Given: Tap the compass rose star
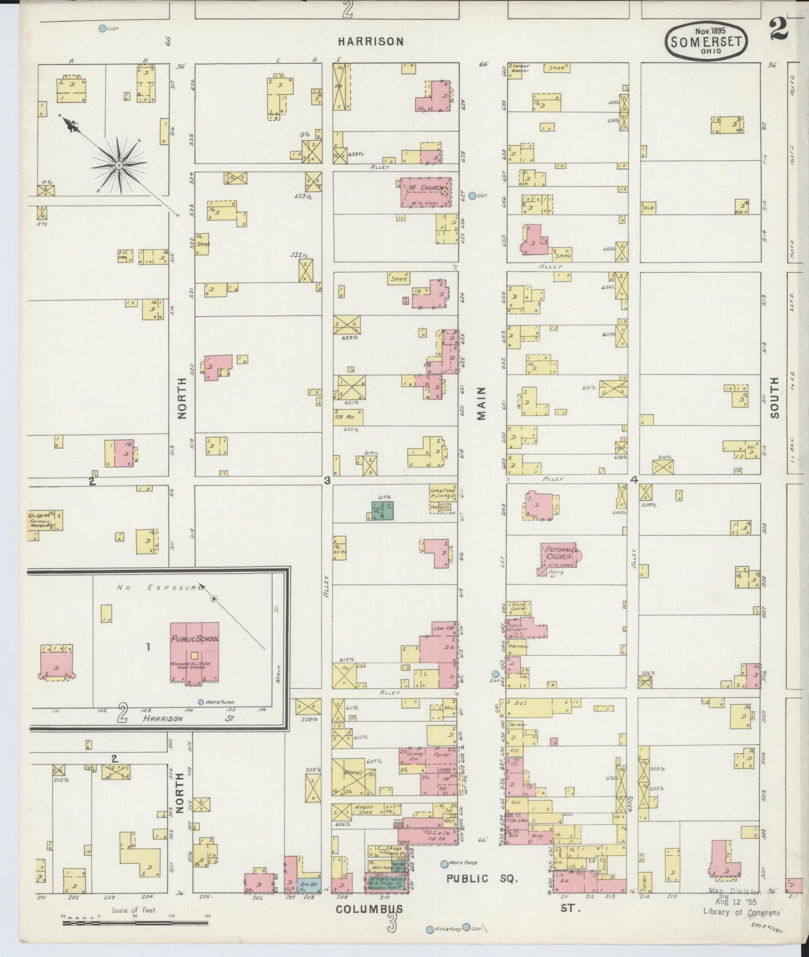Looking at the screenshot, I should click(x=119, y=166).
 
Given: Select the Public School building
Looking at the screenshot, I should click(x=194, y=652).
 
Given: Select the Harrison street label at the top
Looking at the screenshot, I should click(x=371, y=41).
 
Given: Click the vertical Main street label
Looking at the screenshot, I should click(x=481, y=403).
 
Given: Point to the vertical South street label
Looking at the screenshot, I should click(x=774, y=397).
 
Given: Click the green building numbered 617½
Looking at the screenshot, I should click(x=384, y=512).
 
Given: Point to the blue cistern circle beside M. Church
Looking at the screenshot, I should click(x=472, y=195).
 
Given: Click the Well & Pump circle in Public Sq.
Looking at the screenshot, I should click(x=444, y=864).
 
